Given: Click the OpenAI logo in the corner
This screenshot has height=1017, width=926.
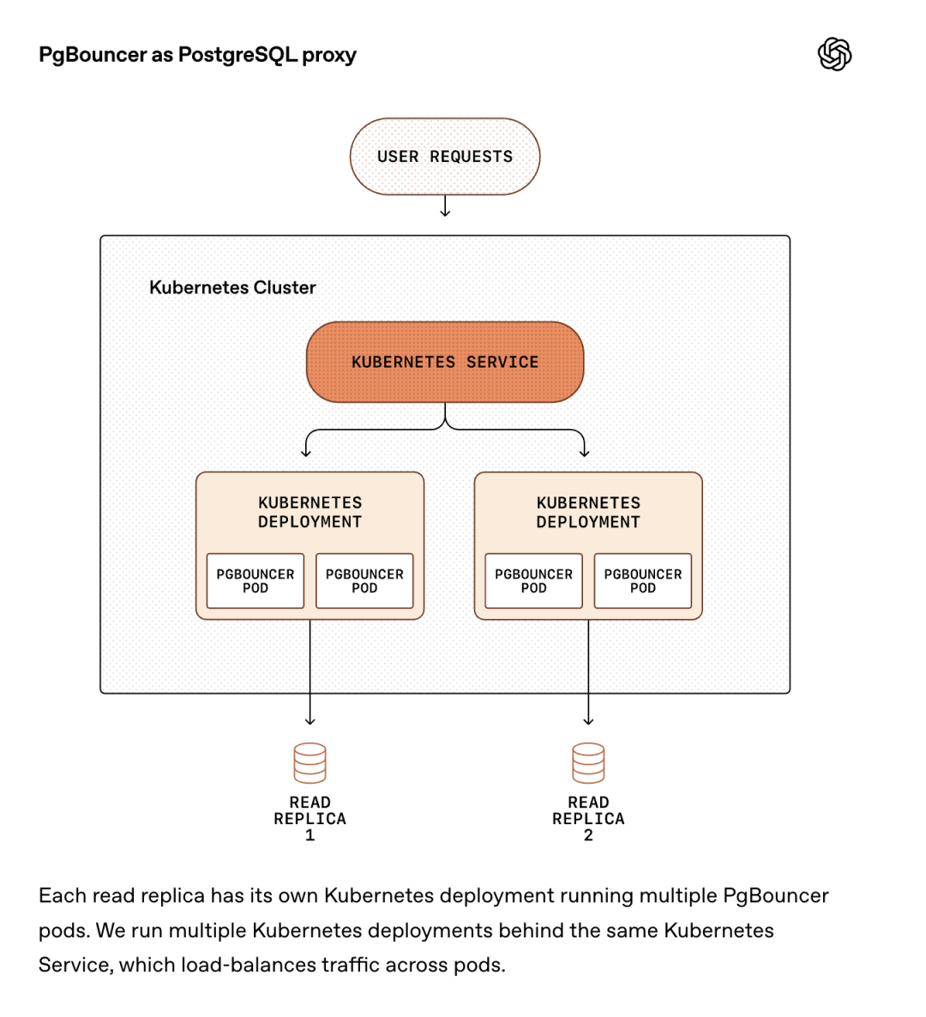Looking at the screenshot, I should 834,55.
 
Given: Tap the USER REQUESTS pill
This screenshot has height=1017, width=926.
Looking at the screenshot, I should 445,157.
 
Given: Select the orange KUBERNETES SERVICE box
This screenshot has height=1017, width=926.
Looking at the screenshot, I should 445,362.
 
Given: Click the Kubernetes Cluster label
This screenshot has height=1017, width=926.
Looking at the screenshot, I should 232,288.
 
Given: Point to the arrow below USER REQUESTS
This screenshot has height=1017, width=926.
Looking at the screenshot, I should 445,207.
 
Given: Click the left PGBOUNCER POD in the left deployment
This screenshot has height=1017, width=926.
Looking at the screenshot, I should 256,581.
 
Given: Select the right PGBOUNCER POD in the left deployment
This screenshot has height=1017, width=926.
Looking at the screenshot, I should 364,581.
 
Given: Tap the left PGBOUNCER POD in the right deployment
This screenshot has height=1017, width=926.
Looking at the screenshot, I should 533,581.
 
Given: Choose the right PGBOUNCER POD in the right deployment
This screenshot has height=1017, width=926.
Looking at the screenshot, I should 643,581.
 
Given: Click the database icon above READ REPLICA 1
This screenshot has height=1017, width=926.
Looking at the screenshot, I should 310,762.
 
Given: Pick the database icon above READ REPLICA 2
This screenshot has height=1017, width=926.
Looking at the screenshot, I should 588,762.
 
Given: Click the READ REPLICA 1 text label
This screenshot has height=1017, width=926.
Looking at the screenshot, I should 310,818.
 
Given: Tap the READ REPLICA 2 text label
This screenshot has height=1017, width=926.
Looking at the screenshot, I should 588,818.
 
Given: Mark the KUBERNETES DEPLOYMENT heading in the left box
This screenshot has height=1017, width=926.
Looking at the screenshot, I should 310,512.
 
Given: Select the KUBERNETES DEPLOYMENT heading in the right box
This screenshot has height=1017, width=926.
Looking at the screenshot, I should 588,512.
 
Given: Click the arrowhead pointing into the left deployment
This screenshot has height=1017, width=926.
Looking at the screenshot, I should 306,452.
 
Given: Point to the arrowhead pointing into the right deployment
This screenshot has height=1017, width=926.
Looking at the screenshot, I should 585,452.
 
